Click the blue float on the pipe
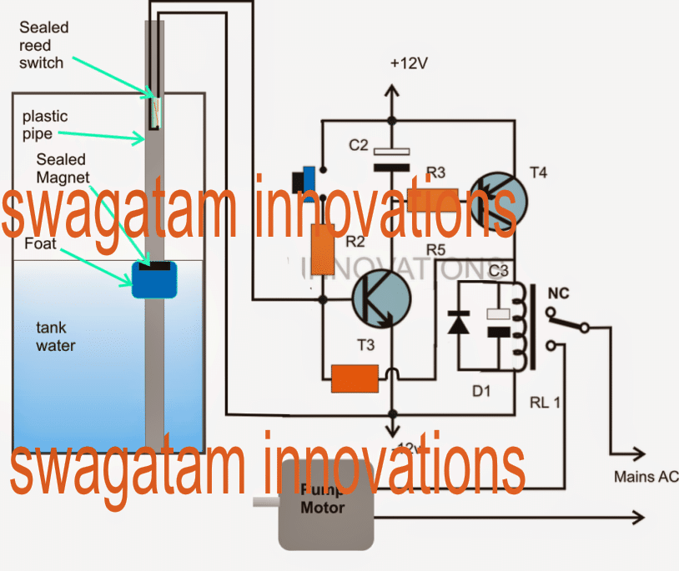[155, 280]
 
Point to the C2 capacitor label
[359, 145]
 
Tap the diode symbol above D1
[458, 323]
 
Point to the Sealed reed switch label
[43, 45]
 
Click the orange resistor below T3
[355, 378]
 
